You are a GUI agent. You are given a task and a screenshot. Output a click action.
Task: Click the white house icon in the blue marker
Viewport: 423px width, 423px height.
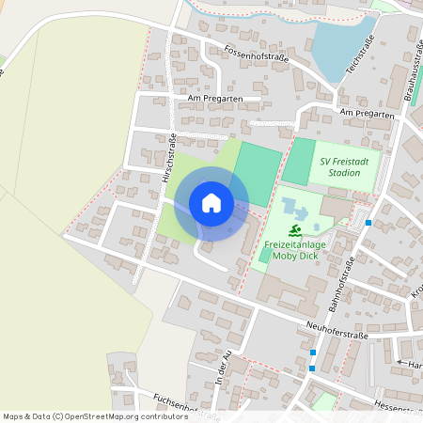pos(211,204)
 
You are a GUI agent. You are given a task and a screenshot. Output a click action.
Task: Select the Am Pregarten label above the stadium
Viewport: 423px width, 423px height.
pos(366,113)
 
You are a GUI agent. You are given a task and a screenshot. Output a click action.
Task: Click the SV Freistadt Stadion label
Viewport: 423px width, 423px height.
pos(346,166)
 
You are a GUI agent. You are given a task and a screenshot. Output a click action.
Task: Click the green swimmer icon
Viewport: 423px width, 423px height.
pos(295,230)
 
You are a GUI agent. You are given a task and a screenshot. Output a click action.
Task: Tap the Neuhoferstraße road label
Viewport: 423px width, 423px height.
pos(336,328)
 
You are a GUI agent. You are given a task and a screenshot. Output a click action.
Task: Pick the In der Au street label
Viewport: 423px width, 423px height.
pos(222,373)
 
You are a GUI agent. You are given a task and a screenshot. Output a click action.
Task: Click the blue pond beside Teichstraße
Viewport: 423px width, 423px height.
pos(341,42)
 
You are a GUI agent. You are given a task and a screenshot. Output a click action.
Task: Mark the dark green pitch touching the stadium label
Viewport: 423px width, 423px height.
pos(299,161)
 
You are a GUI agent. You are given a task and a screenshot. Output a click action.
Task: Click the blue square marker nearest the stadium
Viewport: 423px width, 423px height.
pos(369,223)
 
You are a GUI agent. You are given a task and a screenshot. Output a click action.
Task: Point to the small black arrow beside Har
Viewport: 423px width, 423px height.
pos(401,362)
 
